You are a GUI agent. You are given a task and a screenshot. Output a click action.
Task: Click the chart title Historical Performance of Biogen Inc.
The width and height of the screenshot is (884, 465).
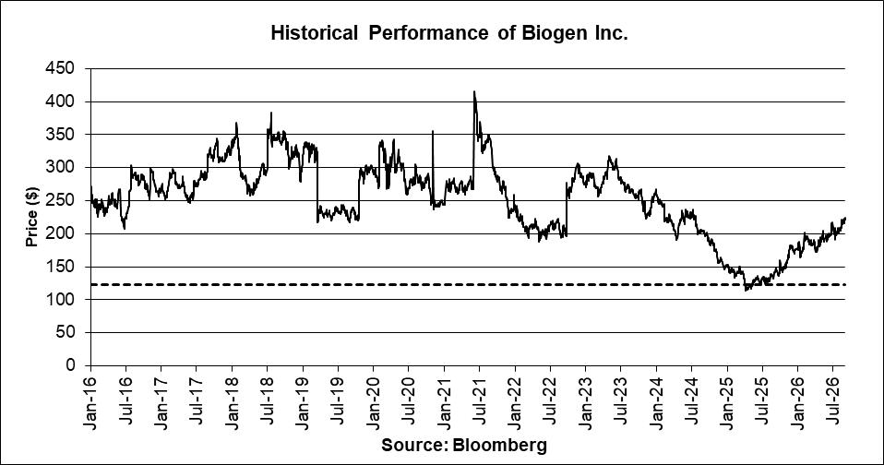[449, 33]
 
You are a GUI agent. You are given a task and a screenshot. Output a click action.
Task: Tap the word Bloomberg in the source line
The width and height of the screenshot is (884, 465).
[499, 446]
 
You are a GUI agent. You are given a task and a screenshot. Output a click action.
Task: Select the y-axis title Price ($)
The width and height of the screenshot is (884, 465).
[31, 217]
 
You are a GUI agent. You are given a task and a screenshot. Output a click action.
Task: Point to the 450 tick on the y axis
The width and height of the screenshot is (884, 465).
[59, 68]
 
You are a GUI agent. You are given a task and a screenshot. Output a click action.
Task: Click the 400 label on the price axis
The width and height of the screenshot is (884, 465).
[59, 101]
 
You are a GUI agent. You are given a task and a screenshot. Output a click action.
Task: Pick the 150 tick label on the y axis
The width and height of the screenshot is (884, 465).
[59, 267]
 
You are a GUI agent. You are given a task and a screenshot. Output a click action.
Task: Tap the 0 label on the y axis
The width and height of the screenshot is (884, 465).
[70, 365]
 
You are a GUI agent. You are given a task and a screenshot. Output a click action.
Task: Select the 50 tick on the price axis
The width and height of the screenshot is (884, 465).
[65, 332]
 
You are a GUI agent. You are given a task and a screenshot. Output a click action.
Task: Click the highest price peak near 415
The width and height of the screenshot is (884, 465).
[474, 91]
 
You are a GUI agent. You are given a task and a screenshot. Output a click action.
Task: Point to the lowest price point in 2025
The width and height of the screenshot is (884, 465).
[746, 291]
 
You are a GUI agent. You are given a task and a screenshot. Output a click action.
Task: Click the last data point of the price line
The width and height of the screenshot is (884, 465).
[845, 218]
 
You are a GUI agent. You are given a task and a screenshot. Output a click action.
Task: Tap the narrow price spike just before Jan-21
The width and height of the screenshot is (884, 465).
[433, 131]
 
